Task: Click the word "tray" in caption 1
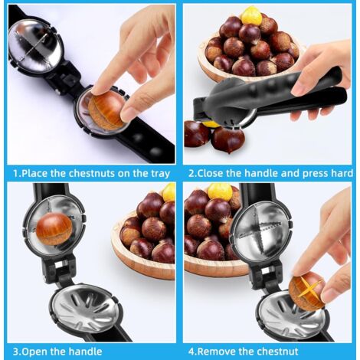pyautogui.click(x=159, y=174)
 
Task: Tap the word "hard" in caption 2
pyautogui.click(x=341, y=173)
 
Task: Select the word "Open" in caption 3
pyautogui.click(x=34, y=352)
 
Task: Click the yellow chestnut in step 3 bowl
pyautogui.click(x=169, y=192)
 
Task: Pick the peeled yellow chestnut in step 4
pyautogui.click(x=220, y=191)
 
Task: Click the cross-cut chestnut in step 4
pyautogui.click(x=306, y=291)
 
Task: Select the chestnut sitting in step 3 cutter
pyautogui.click(x=54, y=229)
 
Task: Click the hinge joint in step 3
pyautogui.click(x=61, y=267)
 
